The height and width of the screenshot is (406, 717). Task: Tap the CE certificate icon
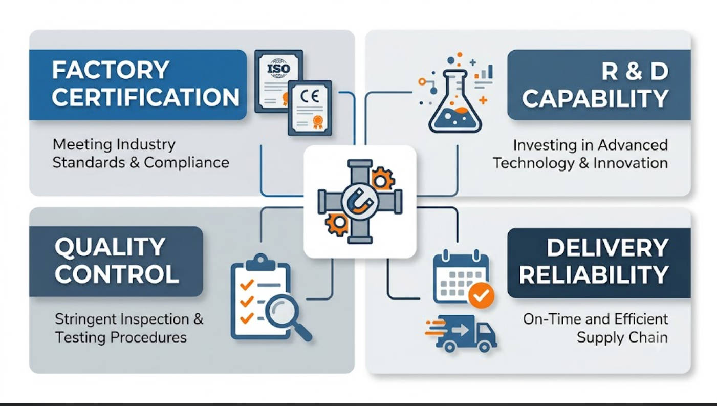click(310, 108)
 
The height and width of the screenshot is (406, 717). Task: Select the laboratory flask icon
click(455, 101)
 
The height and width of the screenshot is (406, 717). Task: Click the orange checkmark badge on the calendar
click(481, 295)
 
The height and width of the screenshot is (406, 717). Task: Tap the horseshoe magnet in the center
click(360, 202)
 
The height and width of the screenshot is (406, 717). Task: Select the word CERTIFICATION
click(146, 97)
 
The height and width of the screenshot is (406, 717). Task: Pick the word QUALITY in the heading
click(110, 247)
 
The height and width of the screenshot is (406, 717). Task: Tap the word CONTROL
click(117, 274)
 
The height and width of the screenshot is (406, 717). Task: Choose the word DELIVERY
click(607, 247)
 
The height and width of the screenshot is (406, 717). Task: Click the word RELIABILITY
click(594, 274)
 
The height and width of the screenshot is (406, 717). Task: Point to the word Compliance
click(186, 163)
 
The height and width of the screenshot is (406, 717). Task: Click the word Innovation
click(631, 163)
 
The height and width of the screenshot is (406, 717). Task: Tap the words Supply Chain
click(622, 338)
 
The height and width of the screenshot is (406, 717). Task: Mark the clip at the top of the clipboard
click(260, 263)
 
